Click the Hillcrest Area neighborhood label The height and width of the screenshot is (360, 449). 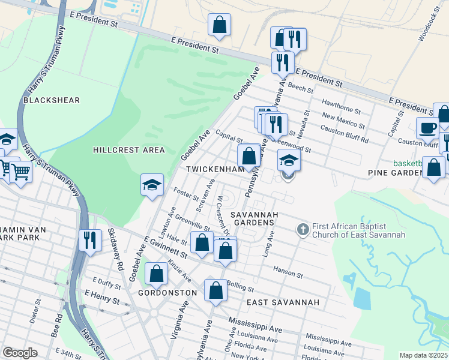click(x=129, y=149)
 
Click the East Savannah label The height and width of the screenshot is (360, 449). click(x=286, y=302)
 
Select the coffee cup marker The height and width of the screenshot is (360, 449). click(x=428, y=128)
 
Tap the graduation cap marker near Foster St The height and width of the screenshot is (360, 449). click(x=152, y=185)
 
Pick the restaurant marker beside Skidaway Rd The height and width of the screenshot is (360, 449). click(x=90, y=240)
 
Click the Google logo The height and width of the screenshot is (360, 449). click(x=20, y=353)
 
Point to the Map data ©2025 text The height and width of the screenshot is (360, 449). click(x=423, y=355)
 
